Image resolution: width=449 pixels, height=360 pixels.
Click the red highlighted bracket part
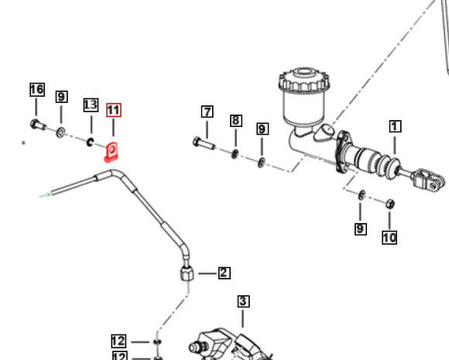111,149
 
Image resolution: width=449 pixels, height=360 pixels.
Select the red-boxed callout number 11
114,110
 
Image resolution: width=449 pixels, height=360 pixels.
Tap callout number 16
37,90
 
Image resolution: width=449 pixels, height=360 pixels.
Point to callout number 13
91,105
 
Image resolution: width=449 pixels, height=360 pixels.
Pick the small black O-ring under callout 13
91,142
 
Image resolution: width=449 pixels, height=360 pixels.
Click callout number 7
207,111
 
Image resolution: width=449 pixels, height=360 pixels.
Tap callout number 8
236,120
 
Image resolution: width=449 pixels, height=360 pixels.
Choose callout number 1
396,125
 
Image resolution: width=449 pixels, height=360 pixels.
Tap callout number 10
389,238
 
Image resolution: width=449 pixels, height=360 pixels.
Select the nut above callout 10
390,204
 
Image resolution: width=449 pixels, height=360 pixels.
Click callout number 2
224,273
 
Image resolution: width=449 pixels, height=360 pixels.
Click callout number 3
243,301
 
